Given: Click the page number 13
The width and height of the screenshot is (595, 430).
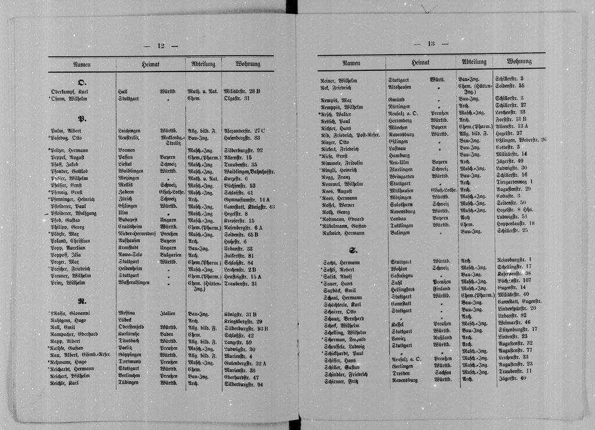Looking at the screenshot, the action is (x=431, y=44).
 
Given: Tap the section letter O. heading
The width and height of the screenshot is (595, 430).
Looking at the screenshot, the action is (x=82, y=82).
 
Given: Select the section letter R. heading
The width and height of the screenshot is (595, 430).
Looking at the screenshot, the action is (x=81, y=301).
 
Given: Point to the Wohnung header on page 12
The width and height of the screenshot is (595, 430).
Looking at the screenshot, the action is (x=248, y=63).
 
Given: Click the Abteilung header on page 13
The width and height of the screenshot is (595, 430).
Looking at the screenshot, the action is (x=474, y=62).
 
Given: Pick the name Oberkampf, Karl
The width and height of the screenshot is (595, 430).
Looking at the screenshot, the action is (x=69, y=92).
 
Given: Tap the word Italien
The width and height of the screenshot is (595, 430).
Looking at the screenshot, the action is (x=168, y=314).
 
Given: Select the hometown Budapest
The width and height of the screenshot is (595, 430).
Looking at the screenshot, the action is (x=128, y=221).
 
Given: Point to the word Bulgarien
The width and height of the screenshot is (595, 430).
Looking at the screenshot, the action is (x=171, y=255).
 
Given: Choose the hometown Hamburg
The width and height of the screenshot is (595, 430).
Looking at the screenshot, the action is (x=400, y=155).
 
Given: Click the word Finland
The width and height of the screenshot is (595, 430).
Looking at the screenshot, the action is (x=442, y=288).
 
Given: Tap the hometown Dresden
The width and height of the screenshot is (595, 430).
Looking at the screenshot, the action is (x=401, y=374).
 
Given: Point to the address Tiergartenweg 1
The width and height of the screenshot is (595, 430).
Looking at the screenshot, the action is (x=514, y=182).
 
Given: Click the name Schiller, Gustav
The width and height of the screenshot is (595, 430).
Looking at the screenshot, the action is (x=340, y=367).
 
